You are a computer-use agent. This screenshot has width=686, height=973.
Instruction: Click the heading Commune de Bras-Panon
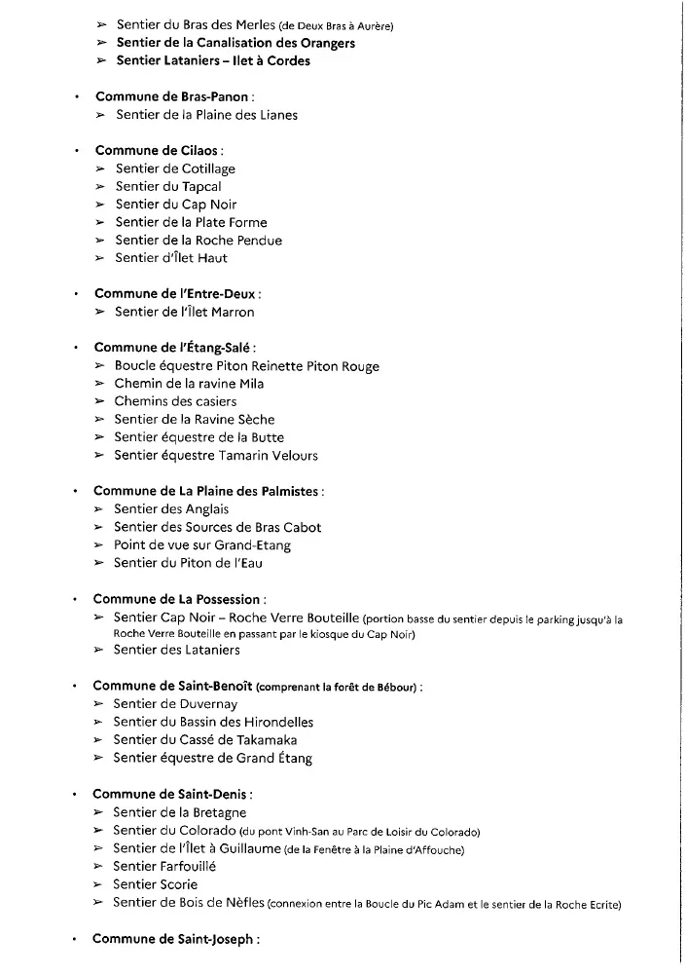pyautogui.click(x=174, y=96)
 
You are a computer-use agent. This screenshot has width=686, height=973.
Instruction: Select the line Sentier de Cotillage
pyautogui.click(x=175, y=168)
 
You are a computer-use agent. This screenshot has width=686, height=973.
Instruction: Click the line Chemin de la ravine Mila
pyautogui.click(x=189, y=384)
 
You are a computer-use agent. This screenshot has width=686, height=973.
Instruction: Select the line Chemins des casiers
pyautogui.click(x=175, y=401)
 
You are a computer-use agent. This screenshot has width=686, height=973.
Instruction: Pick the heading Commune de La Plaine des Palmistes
pyautogui.click(x=207, y=491)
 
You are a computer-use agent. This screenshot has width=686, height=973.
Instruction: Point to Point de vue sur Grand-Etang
pyautogui.click(x=202, y=545)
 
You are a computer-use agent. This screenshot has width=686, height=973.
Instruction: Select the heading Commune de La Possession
pyautogui.click(x=178, y=599)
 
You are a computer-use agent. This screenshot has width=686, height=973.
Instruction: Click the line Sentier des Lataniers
pyautogui.click(x=176, y=651)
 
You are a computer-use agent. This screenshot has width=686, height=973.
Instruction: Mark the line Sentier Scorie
pyautogui.click(x=155, y=884)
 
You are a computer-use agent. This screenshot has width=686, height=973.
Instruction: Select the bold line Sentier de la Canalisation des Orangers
pyautogui.click(x=235, y=43)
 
